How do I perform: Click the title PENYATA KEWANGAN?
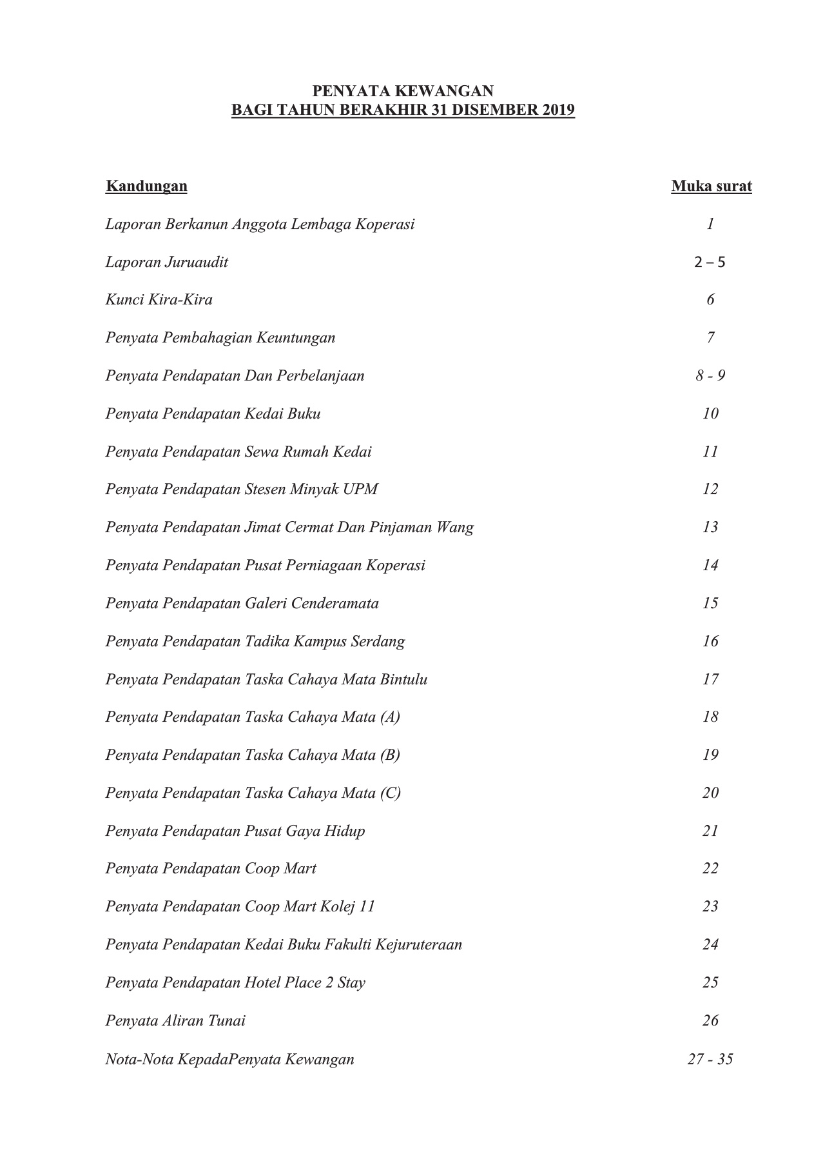point(403,91)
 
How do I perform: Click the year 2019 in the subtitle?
point(558,110)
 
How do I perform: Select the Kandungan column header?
point(146,186)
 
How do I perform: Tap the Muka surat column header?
point(711,186)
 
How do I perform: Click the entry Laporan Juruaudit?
point(166,263)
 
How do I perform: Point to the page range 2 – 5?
point(710,263)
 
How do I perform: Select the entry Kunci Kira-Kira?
point(159,300)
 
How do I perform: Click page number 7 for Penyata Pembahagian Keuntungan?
point(710,338)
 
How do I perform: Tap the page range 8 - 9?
point(710,376)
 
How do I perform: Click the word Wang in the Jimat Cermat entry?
point(455,528)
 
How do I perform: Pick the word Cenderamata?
point(335,604)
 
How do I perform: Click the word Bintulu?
point(403,680)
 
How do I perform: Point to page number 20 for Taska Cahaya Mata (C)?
point(710,793)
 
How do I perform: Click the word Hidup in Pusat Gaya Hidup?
point(344,831)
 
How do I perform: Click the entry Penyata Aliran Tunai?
point(175,1021)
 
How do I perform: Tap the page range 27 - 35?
point(710,1059)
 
